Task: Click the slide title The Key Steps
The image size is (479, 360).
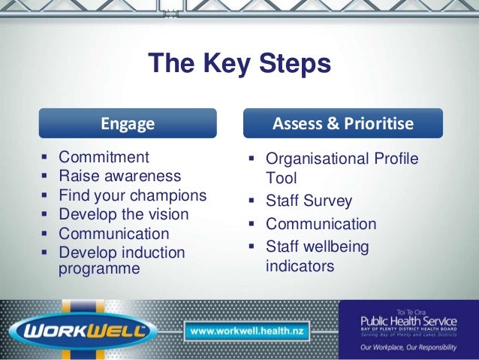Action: point(239,64)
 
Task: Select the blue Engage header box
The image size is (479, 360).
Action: point(128,123)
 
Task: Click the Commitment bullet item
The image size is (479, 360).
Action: point(104,158)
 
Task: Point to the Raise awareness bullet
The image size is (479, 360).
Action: point(119,177)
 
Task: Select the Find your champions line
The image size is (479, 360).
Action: point(132,195)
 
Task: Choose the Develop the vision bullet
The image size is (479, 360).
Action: point(125,214)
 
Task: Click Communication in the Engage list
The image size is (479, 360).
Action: point(113,233)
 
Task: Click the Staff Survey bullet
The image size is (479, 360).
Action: point(309,201)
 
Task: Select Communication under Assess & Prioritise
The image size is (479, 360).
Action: point(321,224)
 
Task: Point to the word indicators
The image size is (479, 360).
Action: point(300,265)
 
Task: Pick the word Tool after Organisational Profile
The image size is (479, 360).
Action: point(282,179)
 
